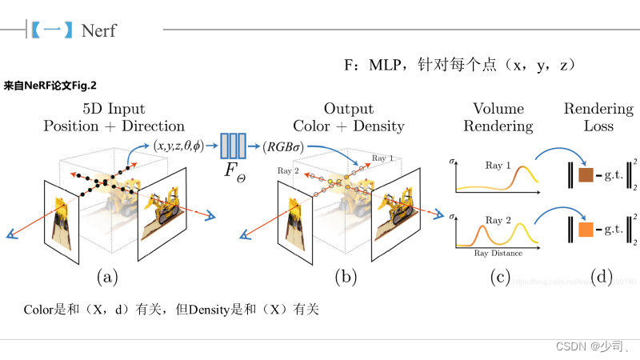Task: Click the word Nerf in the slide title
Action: pos(98,30)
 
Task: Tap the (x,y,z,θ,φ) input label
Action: pos(178,146)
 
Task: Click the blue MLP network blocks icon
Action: pos(234,146)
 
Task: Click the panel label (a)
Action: pos(107,277)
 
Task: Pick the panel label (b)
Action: pos(346,277)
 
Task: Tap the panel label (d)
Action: pos(602,277)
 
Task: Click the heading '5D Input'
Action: pos(114,109)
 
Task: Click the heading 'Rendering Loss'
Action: pos(598,117)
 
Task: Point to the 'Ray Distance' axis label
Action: pos(498,253)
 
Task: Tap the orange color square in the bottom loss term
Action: pos(586,230)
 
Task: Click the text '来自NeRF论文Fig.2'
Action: pos(50,84)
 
